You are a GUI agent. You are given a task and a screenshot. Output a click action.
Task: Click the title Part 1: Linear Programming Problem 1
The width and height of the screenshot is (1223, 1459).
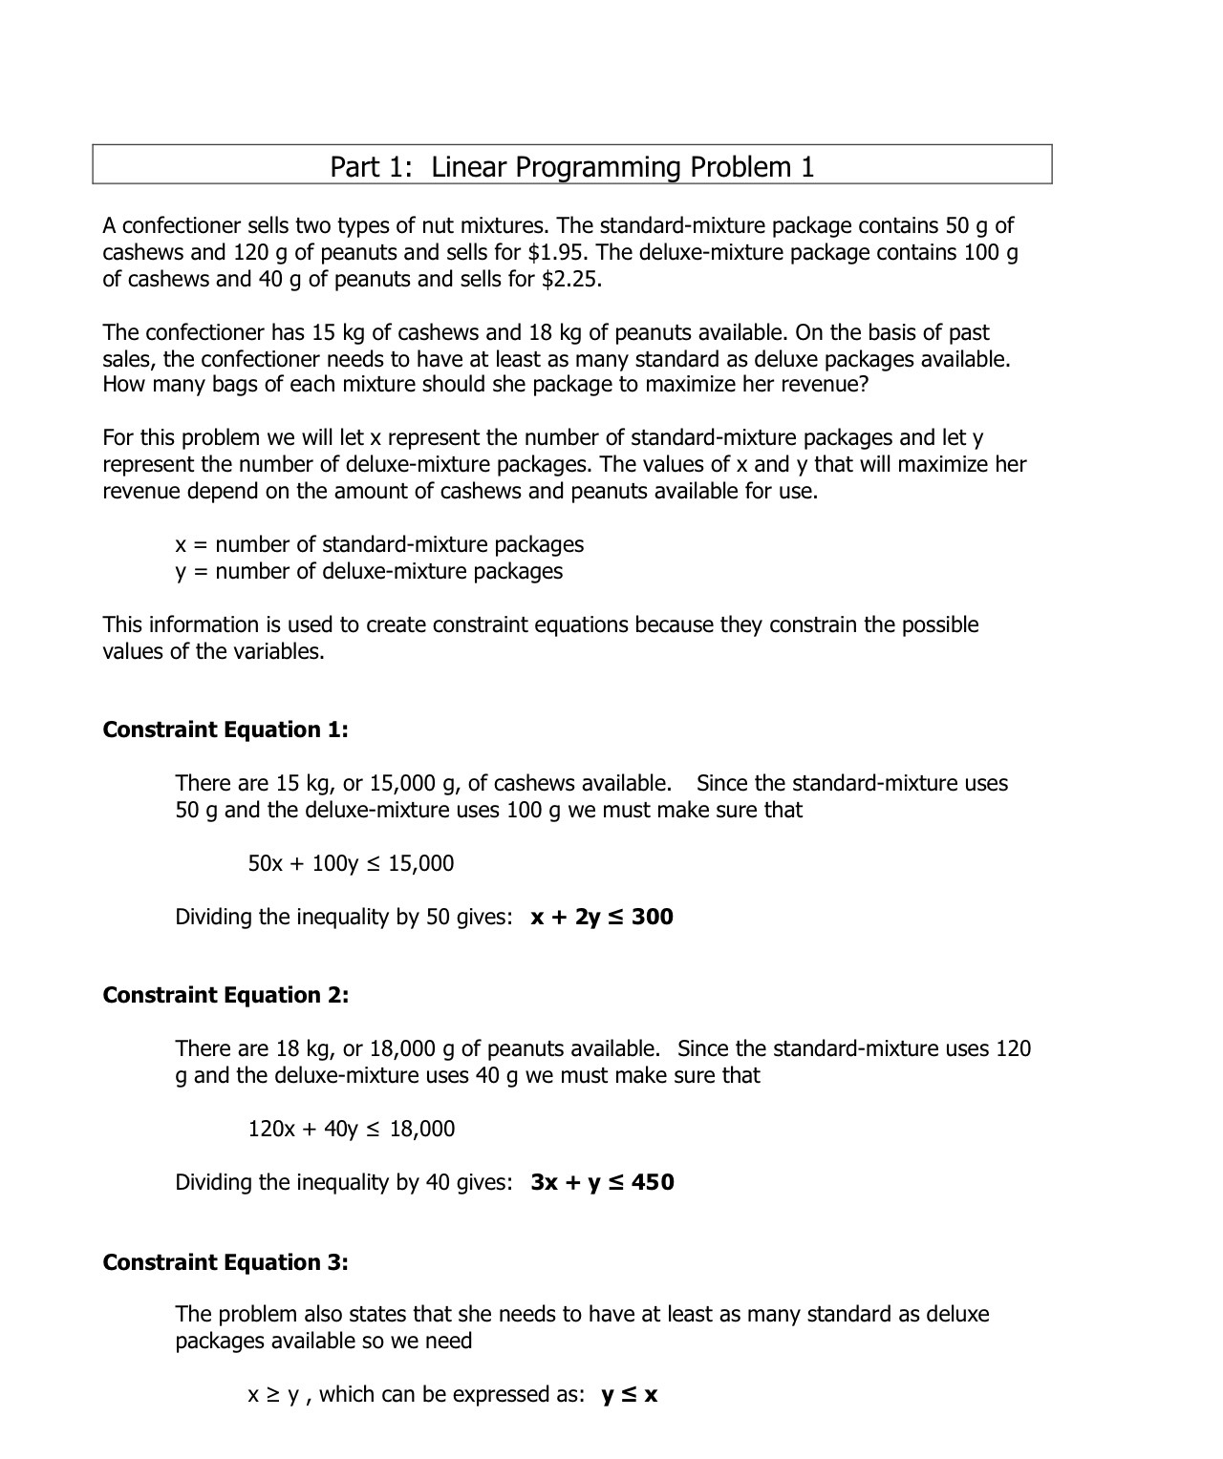click(x=571, y=167)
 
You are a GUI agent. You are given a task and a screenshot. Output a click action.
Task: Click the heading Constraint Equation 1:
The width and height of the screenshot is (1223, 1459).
click(x=225, y=730)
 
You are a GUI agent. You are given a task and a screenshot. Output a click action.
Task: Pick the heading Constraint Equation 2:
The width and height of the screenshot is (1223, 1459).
click(x=225, y=996)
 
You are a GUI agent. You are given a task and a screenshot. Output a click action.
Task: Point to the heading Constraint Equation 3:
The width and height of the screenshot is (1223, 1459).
click(x=225, y=1262)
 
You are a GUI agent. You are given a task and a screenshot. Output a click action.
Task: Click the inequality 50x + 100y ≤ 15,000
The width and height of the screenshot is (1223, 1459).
click(x=351, y=864)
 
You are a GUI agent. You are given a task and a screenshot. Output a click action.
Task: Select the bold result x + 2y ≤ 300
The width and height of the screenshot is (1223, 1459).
click(x=602, y=918)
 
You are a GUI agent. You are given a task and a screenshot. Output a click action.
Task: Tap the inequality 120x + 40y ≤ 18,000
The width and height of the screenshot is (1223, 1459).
click(x=351, y=1130)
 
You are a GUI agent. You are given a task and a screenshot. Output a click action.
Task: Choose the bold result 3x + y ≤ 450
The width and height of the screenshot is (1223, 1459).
click(x=602, y=1183)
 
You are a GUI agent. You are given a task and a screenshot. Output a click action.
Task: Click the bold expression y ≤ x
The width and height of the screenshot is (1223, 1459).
click(x=630, y=1395)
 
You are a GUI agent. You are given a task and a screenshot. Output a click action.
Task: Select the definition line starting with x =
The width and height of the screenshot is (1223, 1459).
click(x=379, y=545)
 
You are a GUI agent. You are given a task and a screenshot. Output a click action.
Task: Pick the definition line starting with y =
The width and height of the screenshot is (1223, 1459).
click(x=369, y=572)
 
